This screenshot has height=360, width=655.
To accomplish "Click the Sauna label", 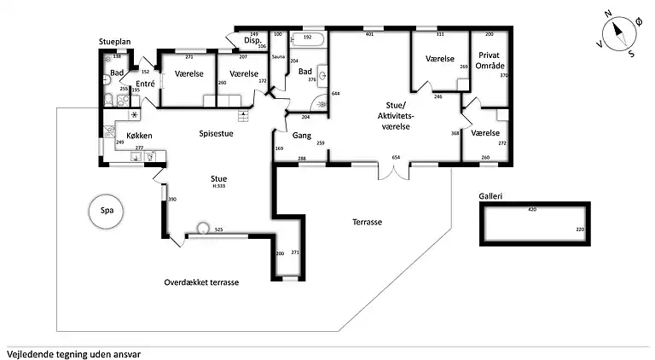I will click(x=277, y=56).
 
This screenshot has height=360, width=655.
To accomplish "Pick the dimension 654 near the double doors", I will click(x=396, y=158).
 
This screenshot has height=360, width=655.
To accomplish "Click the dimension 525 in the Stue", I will click(x=218, y=229).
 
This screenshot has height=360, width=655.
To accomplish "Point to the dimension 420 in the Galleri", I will click(x=532, y=209).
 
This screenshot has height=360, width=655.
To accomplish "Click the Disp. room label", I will click(x=252, y=40).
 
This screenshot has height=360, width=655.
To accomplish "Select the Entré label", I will click(x=145, y=84).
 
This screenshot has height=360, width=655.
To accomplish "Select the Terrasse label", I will click(x=367, y=222).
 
